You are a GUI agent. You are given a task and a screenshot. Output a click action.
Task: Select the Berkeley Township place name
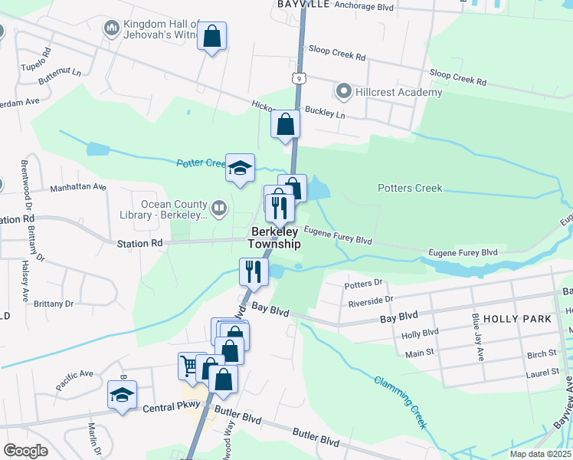coord(273,238)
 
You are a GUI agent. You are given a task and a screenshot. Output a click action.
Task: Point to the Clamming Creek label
coord(401,402)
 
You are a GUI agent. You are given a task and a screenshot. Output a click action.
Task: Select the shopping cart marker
coord(188,364)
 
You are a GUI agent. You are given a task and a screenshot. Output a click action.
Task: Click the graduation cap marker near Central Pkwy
coord(122,395)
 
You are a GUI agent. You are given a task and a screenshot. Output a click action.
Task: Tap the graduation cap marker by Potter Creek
coord(240,167)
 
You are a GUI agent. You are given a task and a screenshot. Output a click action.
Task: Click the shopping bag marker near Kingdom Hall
coord(211,35)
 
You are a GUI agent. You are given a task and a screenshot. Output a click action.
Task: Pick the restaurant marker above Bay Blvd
coord(253,271)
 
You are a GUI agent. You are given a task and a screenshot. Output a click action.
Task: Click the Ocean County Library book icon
coord(218,208)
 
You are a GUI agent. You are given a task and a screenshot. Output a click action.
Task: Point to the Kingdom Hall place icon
coord(111,30)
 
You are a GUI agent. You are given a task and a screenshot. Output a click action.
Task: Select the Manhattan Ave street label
coord(77,187)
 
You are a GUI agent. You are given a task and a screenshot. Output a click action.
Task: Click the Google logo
coord(26,451)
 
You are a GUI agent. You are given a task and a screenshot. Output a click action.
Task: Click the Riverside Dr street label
coord(370,300)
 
